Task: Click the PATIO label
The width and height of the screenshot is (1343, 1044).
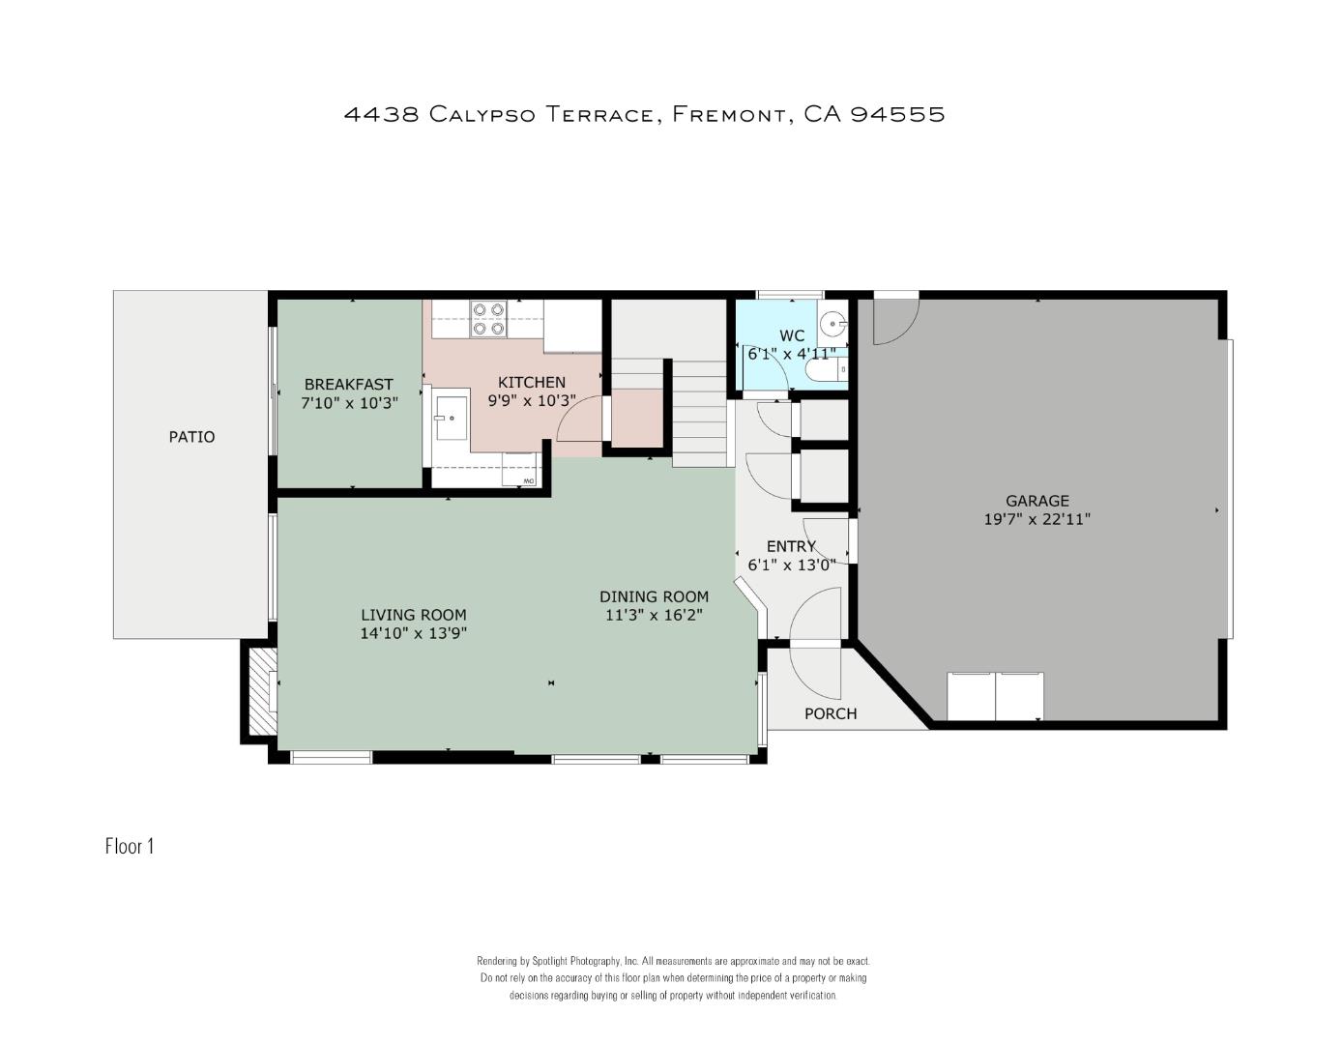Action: pyautogui.click(x=191, y=437)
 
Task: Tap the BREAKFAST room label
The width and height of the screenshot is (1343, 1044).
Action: pyautogui.click(x=349, y=384)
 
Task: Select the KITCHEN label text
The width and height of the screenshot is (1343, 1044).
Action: pyautogui.click(x=532, y=383)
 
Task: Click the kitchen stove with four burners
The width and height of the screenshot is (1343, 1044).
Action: pyautogui.click(x=488, y=319)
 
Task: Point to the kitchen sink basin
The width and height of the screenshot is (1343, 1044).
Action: pyautogui.click(x=452, y=418)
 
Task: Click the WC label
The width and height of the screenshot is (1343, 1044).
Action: pyautogui.click(x=792, y=336)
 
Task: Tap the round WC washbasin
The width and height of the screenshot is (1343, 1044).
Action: pyautogui.click(x=834, y=323)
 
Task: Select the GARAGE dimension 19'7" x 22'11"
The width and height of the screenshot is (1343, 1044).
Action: pyautogui.click(x=1037, y=519)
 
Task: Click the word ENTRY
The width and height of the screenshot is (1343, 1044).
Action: pyautogui.click(x=791, y=547)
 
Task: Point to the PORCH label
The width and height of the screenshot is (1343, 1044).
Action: pyautogui.click(x=831, y=714)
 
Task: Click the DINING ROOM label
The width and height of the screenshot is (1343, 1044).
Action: pyautogui.click(x=654, y=596)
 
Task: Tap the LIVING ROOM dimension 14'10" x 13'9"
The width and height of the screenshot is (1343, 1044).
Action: pyautogui.click(x=414, y=633)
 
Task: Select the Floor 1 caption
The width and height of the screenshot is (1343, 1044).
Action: pyautogui.click(x=130, y=846)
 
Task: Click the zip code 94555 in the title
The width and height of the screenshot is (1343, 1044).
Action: pyautogui.click(x=898, y=114)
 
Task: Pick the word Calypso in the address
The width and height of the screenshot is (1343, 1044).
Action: pyautogui.click(x=482, y=115)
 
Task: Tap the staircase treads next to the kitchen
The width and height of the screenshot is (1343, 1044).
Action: pyautogui.click(x=699, y=414)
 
